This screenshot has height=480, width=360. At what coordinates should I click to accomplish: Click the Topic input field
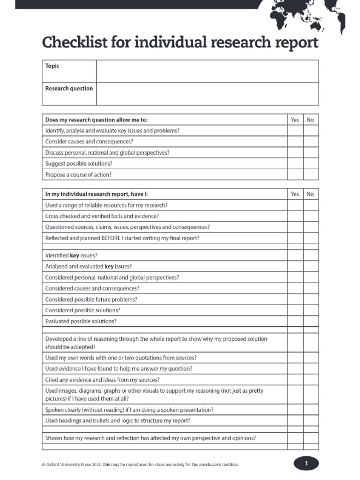tap(207, 71)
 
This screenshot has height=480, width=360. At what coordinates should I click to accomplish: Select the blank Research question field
tap(207, 94)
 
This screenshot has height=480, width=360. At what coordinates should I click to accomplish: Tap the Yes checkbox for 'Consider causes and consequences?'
tap(295, 142)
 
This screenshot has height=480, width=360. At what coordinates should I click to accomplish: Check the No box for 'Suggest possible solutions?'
tap(310, 164)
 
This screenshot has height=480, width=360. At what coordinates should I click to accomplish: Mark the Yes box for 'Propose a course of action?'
tap(295, 174)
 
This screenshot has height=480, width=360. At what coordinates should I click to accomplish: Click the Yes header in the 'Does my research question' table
tap(295, 120)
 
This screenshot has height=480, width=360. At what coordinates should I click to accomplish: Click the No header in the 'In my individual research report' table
tap(310, 194)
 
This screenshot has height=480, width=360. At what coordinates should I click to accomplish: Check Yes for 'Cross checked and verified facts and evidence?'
tap(295, 216)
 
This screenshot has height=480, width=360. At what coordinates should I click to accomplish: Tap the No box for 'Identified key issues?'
tap(310, 255)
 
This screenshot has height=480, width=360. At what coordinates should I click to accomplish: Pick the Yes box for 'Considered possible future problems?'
tap(295, 299)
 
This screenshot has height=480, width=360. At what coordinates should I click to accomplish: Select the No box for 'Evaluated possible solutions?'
tap(310, 321)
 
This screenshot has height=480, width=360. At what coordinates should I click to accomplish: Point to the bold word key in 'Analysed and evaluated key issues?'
tap(109, 266)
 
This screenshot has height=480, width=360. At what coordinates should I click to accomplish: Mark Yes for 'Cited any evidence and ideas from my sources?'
tap(295, 379)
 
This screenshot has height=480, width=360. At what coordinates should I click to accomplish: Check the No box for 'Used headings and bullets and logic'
tap(310, 420)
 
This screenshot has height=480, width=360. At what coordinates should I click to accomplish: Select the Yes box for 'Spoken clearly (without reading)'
tap(295, 409)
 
